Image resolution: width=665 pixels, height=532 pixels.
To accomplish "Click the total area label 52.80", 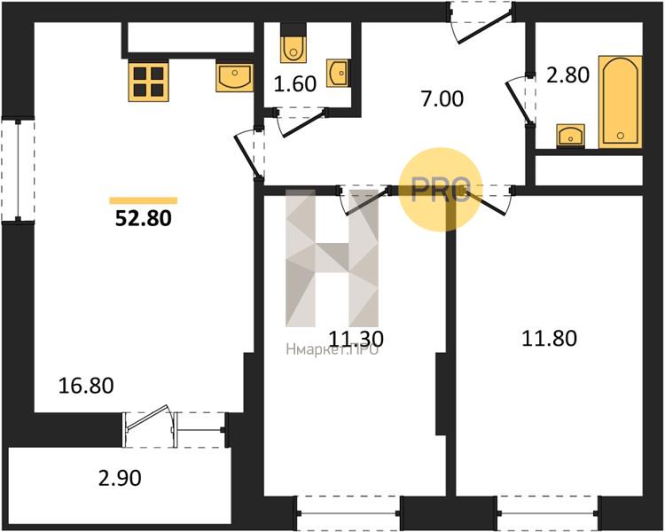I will [x=143, y=217].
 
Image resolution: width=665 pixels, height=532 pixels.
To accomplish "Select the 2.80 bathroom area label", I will [x=567, y=75].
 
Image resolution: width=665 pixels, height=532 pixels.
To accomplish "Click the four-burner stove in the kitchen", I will [x=148, y=81].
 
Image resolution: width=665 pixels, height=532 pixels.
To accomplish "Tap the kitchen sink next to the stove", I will [x=234, y=77].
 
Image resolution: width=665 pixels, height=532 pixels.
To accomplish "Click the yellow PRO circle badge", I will [x=439, y=189].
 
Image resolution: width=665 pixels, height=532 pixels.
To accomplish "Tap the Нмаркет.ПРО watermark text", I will [x=332, y=350].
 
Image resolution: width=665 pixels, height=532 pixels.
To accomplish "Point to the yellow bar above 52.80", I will [x=143, y=200].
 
